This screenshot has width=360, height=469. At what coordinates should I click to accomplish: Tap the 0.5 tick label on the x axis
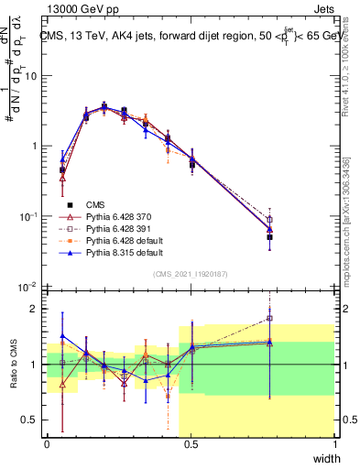(191, 444)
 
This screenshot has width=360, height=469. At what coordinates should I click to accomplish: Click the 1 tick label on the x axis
(334, 444)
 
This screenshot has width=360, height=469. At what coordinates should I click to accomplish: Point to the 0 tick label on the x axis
(47, 444)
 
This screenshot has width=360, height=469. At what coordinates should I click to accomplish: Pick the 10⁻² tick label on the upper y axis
(28, 287)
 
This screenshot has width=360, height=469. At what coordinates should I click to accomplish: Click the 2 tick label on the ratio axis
(36, 309)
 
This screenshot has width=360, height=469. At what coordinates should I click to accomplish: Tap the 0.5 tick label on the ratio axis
(32, 420)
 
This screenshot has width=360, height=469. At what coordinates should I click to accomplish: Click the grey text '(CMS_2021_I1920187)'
(190, 272)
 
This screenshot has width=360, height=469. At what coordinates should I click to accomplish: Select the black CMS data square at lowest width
(61, 170)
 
